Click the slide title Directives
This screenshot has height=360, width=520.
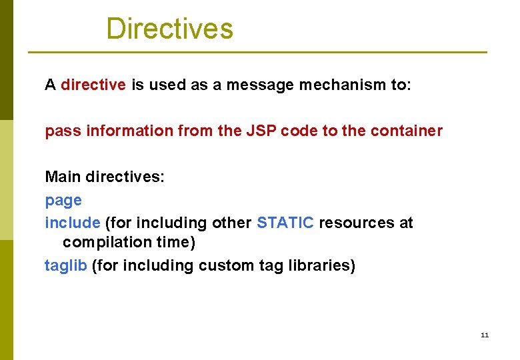point(169,29)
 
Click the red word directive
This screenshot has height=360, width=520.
point(93,85)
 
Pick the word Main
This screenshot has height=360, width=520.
point(60,177)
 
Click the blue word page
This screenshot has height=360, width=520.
point(63,201)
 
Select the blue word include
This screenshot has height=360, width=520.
point(73,223)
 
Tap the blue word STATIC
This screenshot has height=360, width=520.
point(285,223)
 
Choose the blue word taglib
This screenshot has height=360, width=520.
point(66,265)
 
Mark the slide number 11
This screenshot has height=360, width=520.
point(484,335)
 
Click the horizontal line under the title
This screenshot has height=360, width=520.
point(257,53)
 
